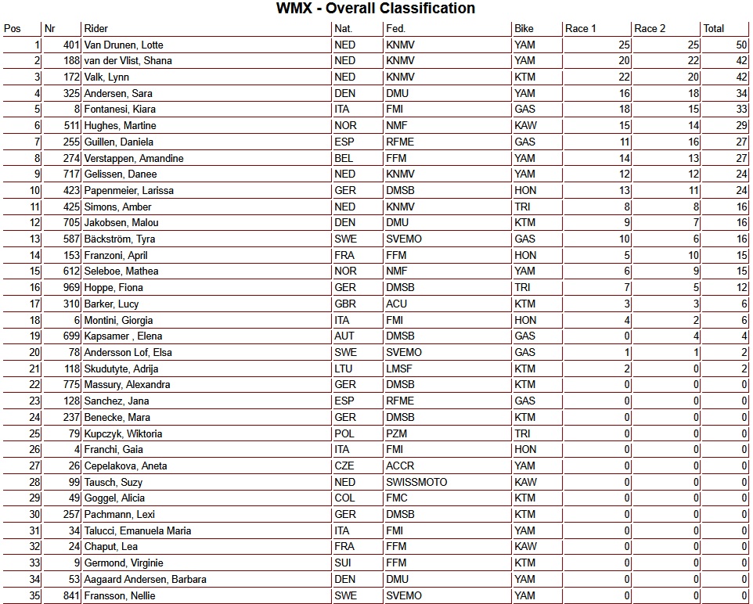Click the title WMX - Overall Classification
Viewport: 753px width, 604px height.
pos(376,9)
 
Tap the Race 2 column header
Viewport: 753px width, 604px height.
pos(650,29)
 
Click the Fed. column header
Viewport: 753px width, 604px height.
pos(395,29)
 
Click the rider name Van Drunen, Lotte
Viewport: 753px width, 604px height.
pos(123,45)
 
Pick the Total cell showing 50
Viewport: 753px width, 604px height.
pos(740,45)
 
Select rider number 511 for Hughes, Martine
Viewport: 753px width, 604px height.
pos(69,126)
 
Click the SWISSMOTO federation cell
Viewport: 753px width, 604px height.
pos(416,482)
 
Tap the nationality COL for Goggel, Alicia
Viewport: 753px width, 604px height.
pos(344,498)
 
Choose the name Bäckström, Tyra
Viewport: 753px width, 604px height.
pos(119,239)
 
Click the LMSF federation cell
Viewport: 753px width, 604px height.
pos(399,369)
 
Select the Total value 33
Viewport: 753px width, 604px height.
pos(740,110)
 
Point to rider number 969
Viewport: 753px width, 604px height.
pos(69,288)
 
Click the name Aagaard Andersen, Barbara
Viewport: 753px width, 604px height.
pos(145,580)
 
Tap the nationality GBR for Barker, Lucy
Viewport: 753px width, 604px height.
pos(345,304)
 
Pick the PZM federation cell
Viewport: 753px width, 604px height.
pos(397,433)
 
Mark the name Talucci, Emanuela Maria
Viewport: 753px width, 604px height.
pos(138,530)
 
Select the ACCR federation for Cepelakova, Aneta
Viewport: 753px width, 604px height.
pos(400,466)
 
